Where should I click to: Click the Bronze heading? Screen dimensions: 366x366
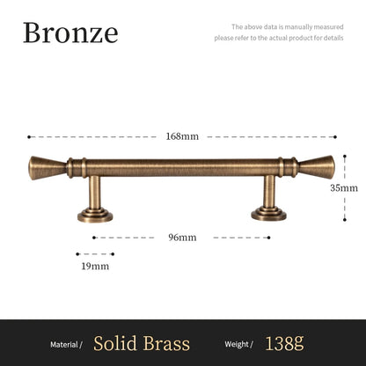pos(70,33)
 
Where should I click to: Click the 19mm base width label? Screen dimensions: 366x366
pos(94,266)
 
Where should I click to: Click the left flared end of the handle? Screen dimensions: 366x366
pos(42,165)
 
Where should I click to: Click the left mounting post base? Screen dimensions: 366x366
pos(95,213)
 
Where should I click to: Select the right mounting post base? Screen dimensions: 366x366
pos(269,213)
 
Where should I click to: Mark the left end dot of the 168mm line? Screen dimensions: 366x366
pos(29,136)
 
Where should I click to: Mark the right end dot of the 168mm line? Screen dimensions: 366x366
pos(335,136)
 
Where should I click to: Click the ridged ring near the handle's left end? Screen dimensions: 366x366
pos(77,165)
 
